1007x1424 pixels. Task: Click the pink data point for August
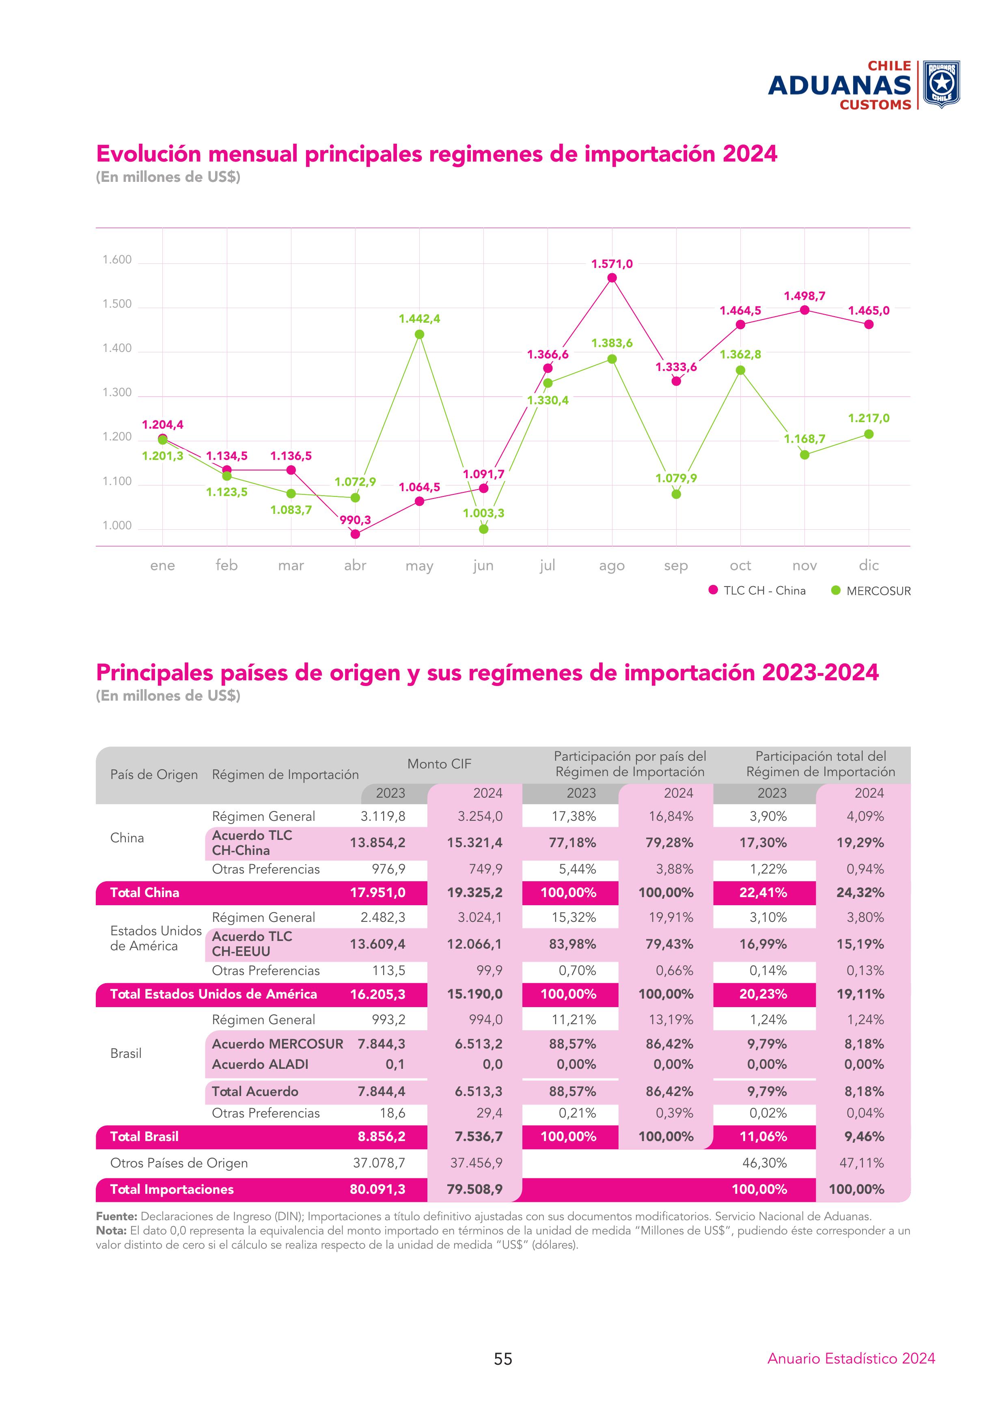click(612, 278)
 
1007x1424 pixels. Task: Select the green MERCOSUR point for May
click(419, 334)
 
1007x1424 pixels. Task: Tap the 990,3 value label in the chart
click(355, 520)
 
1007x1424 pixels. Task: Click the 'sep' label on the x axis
click(676, 565)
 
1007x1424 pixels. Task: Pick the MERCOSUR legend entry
click(871, 591)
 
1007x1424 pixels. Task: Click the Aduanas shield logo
click(941, 84)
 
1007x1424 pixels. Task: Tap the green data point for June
click(484, 529)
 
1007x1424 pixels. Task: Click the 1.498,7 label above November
click(804, 296)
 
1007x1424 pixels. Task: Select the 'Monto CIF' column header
click(439, 764)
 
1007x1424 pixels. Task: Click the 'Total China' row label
click(144, 893)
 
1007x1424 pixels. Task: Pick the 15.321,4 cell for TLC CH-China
click(474, 843)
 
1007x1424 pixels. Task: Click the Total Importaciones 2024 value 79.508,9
click(474, 1189)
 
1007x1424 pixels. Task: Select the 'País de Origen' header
click(154, 775)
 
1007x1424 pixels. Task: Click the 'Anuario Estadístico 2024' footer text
click(851, 1358)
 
